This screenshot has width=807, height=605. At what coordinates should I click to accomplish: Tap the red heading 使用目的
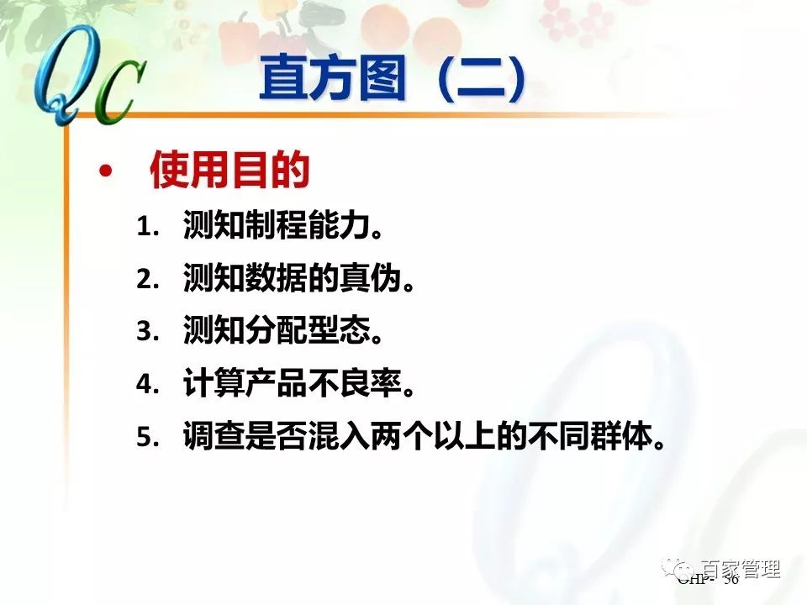pos(229,171)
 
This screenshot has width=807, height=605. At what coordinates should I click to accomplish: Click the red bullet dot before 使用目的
pos(105,171)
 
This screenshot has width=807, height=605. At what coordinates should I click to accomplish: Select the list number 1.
pos(148,228)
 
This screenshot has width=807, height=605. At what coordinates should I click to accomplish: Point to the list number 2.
pos(148,280)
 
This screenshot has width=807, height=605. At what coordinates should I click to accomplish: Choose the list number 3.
pos(148,332)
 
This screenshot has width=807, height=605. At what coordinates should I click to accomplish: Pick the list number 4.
pos(148,384)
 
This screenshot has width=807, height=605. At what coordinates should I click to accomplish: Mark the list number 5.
pos(148,437)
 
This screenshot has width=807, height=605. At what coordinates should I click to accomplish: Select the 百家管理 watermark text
pos(741,569)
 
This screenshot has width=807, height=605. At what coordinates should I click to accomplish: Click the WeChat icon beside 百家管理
pos(683,569)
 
